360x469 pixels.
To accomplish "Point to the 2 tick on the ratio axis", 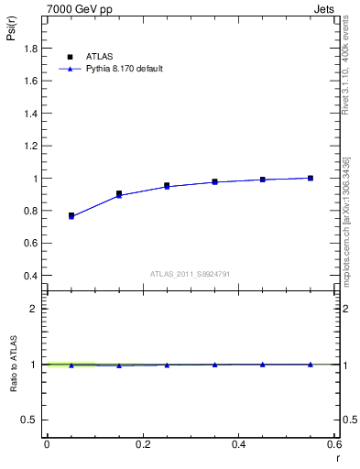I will (x=36, y=310).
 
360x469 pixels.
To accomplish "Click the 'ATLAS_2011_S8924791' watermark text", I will (x=189, y=274).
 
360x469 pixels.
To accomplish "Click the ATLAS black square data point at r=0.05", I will (x=71, y=215).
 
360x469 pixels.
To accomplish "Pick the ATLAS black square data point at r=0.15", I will (x=119, y=193).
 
